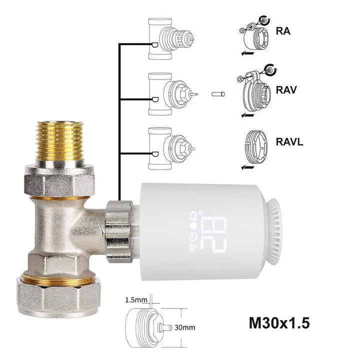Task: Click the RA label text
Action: point(284,30)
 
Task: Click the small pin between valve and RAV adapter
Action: point(217,93)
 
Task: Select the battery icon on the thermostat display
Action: point(193,216)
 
